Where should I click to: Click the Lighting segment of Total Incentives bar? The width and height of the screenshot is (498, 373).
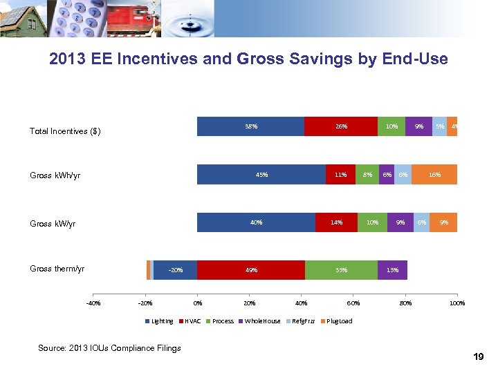point(250,126)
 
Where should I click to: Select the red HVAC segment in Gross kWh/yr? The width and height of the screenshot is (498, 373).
point(340,175)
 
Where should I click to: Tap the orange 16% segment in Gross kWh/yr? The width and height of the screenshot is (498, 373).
point(434,175)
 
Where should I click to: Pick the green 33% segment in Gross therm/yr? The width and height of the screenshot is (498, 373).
point(341,270)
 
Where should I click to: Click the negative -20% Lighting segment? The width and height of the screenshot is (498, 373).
point(175,270)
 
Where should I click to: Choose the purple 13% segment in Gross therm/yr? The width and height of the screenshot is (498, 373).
point(392,270)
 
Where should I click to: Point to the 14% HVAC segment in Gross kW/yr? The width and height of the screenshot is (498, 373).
point(336,222)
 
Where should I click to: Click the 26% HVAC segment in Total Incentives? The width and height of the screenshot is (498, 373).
point(340,126)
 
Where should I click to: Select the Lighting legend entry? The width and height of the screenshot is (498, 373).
point(160,321)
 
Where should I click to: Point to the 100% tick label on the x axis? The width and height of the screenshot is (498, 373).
point(456,303)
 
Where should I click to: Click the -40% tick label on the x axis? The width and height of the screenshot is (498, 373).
point(93,303)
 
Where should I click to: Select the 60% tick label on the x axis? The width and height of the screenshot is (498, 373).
point(353,303)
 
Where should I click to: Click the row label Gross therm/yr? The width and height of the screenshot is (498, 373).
point(57,269)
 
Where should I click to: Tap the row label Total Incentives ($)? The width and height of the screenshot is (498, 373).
point(65,131)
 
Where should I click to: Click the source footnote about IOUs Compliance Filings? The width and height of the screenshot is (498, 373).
point(110,347)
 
